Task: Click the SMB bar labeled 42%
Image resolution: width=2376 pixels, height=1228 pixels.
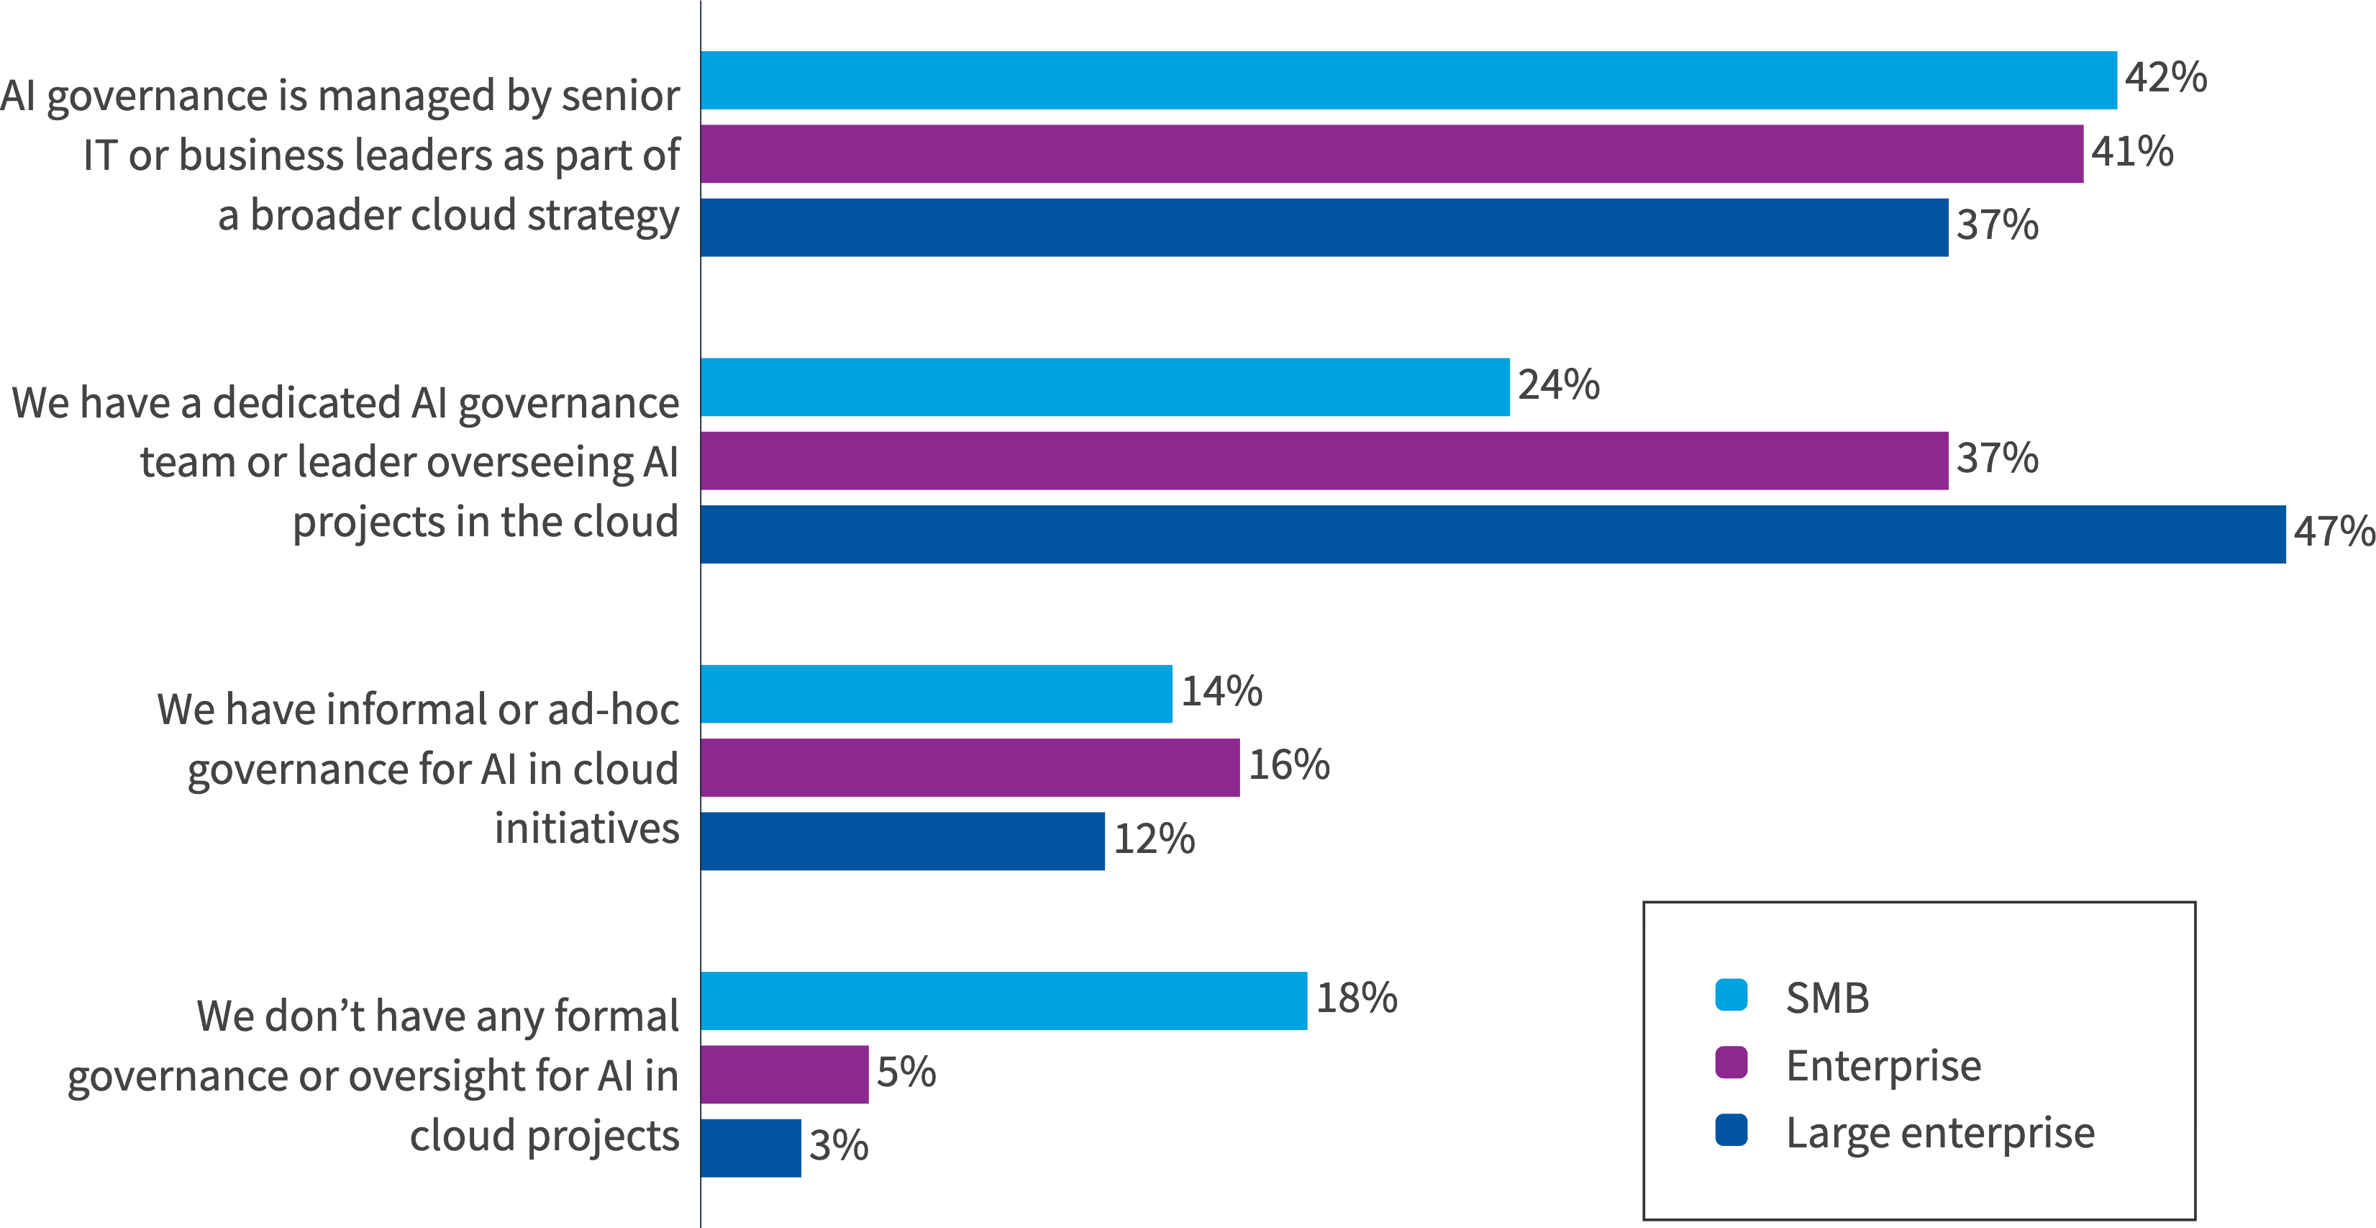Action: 1408,81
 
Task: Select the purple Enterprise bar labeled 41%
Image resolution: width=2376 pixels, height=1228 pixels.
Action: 1391,154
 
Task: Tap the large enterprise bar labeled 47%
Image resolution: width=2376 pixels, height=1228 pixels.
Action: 1493,534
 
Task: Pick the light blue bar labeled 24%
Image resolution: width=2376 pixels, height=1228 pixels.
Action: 1105,387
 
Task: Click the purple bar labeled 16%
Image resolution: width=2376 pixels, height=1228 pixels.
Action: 970,767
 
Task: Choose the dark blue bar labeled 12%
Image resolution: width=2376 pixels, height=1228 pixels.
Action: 902,841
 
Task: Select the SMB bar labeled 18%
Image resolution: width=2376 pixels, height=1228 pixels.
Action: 1003,1001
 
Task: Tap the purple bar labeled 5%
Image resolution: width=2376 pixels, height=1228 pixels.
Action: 784,1075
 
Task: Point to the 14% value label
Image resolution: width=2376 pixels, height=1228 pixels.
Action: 1221,692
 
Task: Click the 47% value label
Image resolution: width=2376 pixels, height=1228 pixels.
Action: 2333,533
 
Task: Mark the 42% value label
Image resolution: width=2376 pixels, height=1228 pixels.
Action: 2165,78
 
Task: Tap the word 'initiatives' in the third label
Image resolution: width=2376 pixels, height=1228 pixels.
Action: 586,829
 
